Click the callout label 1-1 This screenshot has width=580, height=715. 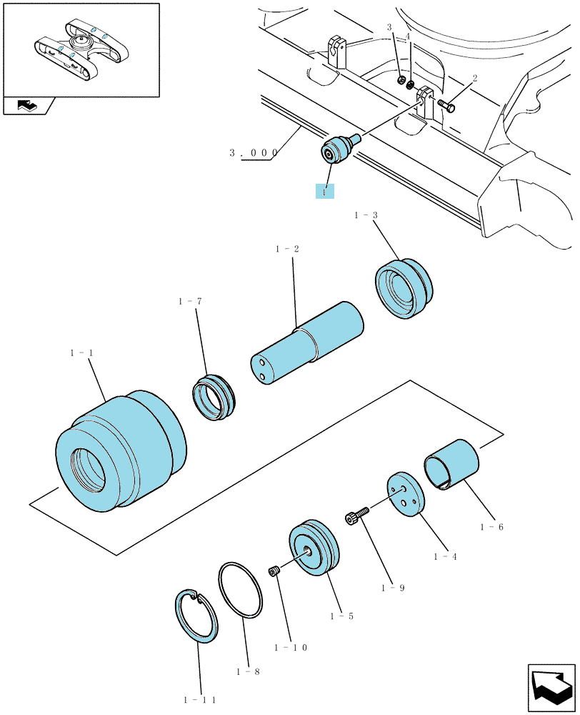(x=81, y=353)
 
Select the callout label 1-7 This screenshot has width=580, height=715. (x=190, y=302)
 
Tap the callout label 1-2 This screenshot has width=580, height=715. (x=287, y=249)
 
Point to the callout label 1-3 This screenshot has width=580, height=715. (x=366, y=214)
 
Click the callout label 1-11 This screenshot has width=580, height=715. (x=199, y=700)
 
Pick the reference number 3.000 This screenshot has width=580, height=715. (x=254, y=153)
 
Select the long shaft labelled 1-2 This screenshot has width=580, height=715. (x=307, y=340)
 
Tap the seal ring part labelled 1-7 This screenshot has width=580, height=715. (x=214, y=398)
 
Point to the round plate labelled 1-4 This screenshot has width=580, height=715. (x=406, y=494)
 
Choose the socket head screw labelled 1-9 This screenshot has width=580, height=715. (x=356, y=516)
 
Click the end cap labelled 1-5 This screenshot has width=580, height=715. (x=314, y=547)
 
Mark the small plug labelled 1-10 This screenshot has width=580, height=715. (x=274, y=571)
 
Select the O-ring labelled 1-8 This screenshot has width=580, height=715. (x=241, y=590)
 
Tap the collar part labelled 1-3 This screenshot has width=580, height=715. (x=404, y=289)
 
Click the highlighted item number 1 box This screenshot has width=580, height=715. (x=325, y=192)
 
